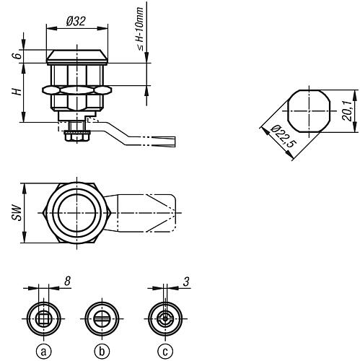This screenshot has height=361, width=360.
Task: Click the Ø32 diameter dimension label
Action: coord(76,21)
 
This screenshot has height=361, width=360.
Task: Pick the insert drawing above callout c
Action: coord(164,317)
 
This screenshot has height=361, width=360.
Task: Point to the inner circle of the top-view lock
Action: coord(76,214)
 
